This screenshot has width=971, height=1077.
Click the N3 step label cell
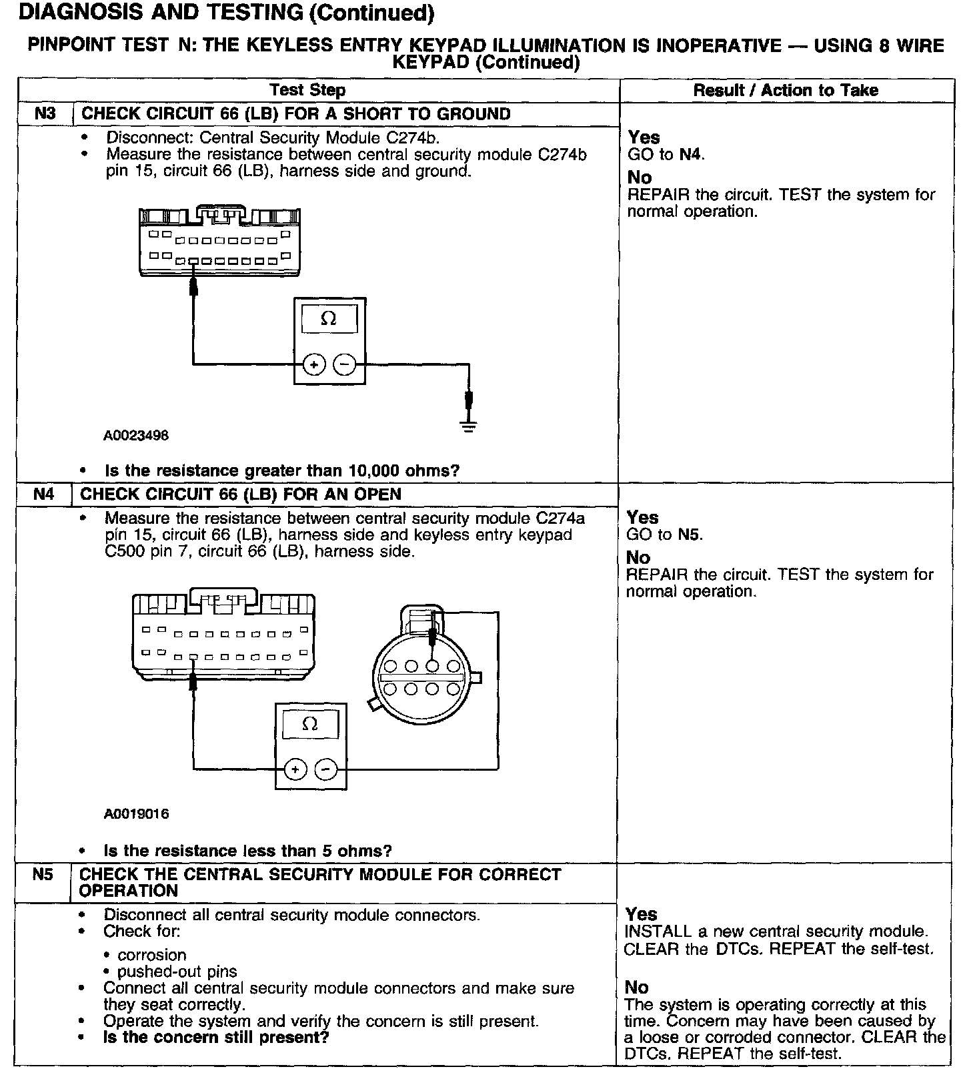click(44, 113)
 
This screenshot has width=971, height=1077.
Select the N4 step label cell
click(44, 494)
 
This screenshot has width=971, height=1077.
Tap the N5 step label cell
click(43, 874)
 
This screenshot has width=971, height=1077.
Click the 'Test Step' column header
click(307, 90)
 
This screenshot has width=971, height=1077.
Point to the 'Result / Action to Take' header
click(786, 90)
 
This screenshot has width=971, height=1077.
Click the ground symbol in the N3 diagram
click(469, 425)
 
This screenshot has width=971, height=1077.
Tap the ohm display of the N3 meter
click(329, 319)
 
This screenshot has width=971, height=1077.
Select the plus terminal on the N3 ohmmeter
click(313, 364)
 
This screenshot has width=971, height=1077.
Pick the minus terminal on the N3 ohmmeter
click(344, 364)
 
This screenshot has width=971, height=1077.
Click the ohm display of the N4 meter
click(310, 724)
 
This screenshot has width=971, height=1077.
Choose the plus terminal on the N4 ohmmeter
click(295, 769)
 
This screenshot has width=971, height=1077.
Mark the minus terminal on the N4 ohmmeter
click(325, 769)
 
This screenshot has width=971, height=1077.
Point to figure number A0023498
click(136, 436)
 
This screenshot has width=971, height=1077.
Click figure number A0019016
click(136, 814)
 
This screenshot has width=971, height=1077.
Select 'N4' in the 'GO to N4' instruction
click(691, 155)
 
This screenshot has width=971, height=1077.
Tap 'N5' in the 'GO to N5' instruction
click(690, 534)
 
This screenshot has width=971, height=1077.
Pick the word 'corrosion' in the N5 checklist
click(152, 955)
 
